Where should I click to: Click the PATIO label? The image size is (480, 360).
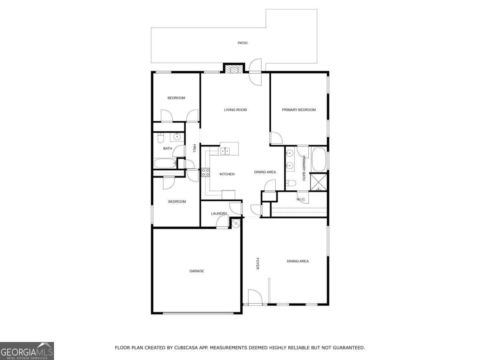click(242, 43)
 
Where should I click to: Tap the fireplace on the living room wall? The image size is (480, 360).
click(233, 69)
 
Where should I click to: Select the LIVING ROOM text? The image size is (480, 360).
click(235, 110)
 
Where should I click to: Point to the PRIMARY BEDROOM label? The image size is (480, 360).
click(299, 110)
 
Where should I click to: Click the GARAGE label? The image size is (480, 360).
click(196, 271)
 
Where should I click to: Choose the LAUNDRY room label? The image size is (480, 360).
click(219, 214)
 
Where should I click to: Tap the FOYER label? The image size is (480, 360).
click(258, 263)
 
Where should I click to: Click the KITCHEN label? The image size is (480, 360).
click(227, 174)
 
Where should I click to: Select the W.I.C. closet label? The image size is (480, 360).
click(301, 199)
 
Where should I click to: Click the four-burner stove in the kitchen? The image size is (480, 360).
click(206, 173)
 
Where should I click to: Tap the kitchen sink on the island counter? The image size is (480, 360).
click(224, 151)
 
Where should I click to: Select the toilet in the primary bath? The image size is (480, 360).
click(291, 184)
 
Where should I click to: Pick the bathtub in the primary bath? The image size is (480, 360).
click(319, 159)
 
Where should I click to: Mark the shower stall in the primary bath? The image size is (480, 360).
click(319, 182)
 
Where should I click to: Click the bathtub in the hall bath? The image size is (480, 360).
click(164, 164)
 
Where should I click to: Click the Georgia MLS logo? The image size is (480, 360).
click(27, 351)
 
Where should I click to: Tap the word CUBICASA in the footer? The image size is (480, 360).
click(185, 348)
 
